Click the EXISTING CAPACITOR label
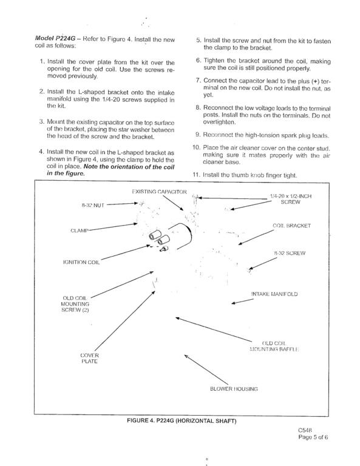coord(159,192)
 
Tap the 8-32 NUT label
coord(93,205)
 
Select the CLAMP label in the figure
coord(80,231)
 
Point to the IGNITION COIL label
coord(81,262)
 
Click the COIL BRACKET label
coord(291,226)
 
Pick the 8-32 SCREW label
coord(289,253)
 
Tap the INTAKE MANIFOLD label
coord(274,294)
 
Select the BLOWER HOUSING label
coord(234,389)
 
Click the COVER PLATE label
coord(89,359)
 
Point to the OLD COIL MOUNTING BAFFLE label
coord(274,346)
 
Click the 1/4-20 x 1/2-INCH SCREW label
coord(290,199)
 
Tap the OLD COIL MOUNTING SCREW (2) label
coord(75,304)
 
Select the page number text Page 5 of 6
coord(313,437)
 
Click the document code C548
coord(305,430)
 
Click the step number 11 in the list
coord(196,175)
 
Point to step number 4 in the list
coord(41,152)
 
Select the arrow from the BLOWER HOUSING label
coord(206,370)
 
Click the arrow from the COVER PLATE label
coord(125,321)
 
